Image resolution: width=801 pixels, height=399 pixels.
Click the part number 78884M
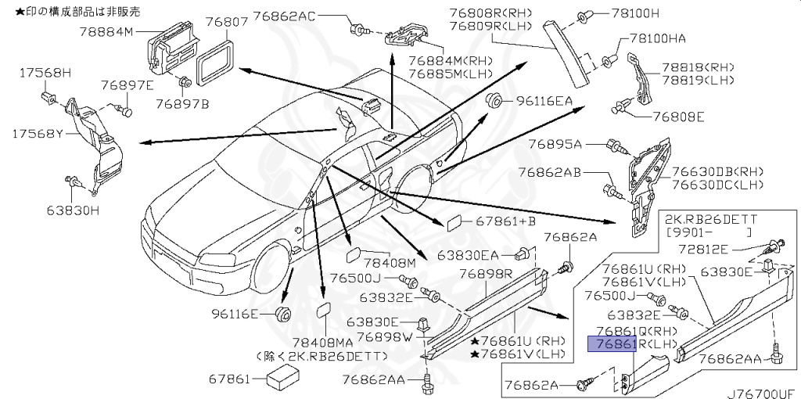pos(107,31)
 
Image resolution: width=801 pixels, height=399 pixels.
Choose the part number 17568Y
pos(36,134)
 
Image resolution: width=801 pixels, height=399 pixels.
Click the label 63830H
pos(73,210)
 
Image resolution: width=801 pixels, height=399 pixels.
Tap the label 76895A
pos(555,144)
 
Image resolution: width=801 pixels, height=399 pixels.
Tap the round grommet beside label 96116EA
pos(494,100)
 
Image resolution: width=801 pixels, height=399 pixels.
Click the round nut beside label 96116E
pos(284,315)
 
